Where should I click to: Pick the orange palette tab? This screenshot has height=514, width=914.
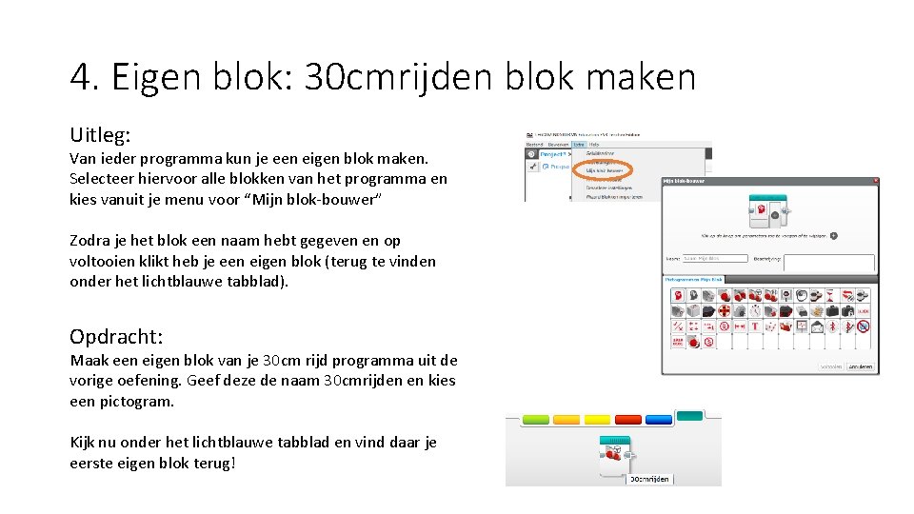coord(566,419)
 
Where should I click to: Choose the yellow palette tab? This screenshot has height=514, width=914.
coord(597,419)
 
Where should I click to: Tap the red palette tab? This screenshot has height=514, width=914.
coord(628,419)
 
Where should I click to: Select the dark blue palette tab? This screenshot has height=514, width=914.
coord(659,419)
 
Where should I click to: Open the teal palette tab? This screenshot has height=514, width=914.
coord(688,415)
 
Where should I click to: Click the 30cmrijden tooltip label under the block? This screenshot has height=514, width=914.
coord(649,479)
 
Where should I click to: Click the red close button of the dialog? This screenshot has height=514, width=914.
coord(876,180)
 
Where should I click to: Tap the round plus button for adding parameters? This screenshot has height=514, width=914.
coord(833,234)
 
